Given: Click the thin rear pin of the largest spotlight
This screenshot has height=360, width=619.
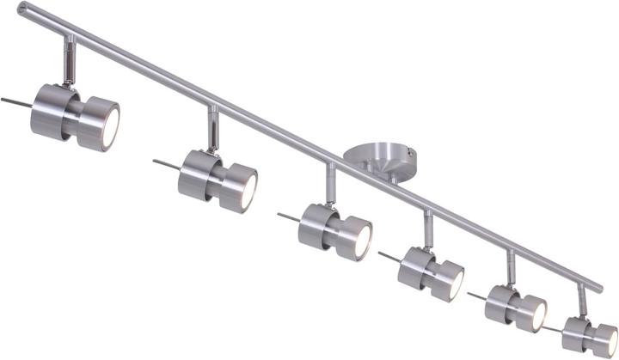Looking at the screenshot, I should (15, 100).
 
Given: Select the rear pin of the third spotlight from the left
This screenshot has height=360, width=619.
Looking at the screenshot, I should (288, 217).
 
